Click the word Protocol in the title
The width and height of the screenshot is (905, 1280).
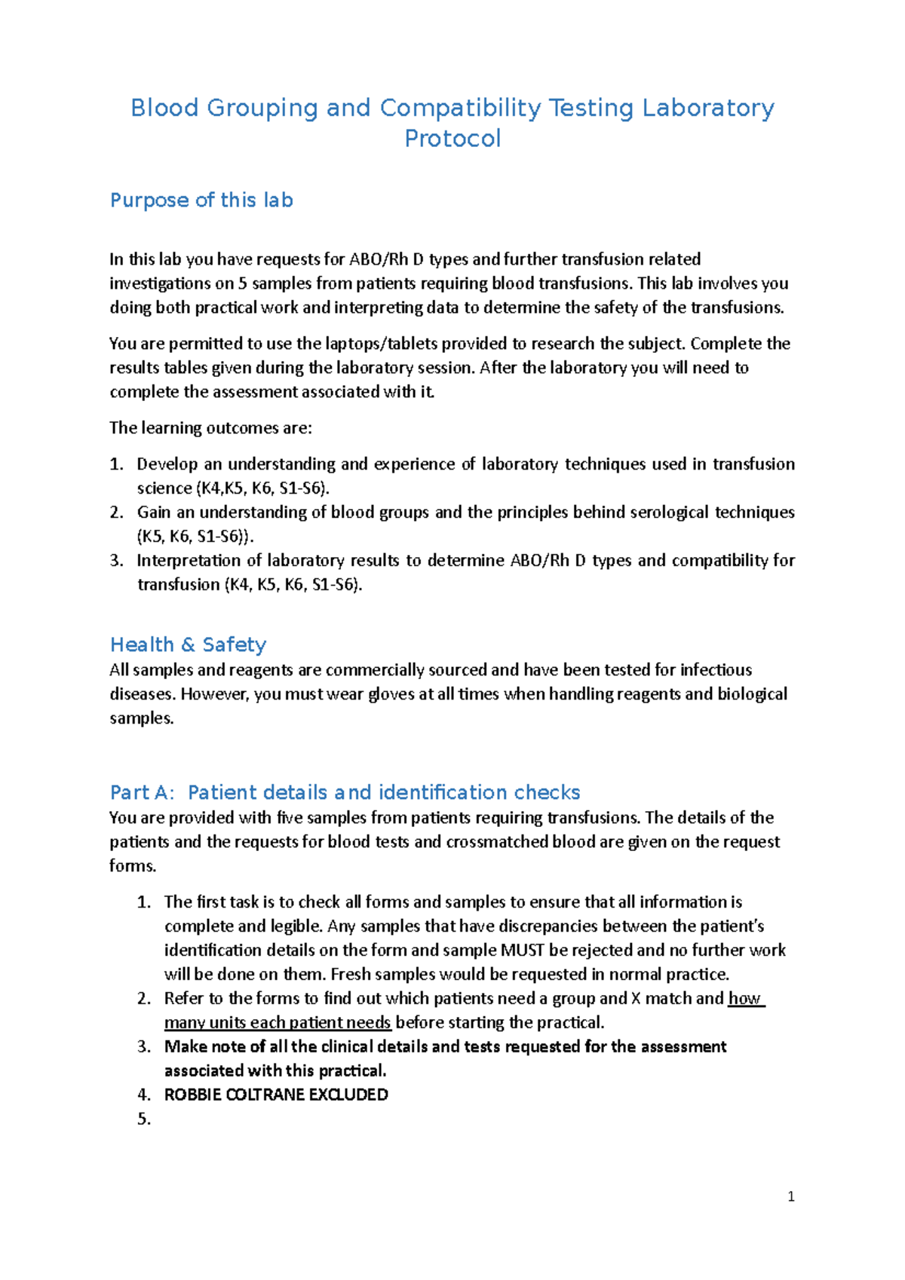(x=452, y=139)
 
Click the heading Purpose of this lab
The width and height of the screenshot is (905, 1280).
(x=201, y=200)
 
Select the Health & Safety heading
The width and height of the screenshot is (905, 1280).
(x=188, y=645)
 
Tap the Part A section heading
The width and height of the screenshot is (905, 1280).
(x=345, y=792)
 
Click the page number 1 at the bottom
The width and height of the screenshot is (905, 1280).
(x=790, y=1196)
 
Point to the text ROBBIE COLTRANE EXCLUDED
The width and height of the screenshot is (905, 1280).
(x=276, y=1095)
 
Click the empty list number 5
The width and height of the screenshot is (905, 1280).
(x=144, y=1119)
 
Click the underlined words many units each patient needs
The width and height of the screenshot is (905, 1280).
(x=278, y=1022)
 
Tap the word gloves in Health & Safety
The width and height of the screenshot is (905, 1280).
(x=391, y=694)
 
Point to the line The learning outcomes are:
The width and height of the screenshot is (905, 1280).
(x=210, y=428)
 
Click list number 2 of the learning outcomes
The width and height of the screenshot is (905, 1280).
(x=116, y=513)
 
